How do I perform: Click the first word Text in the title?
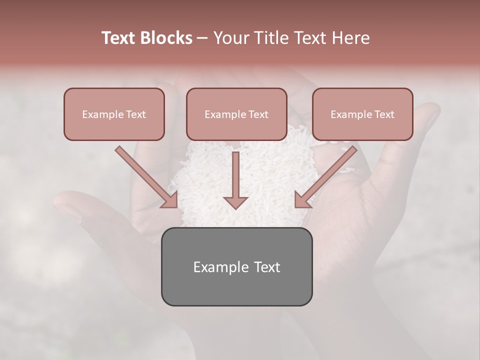[120, 38]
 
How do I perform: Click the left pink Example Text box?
[114, 114]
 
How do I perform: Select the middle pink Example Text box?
[236, 114]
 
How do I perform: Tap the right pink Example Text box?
[362, 114]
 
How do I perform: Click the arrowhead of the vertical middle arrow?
[235, 202]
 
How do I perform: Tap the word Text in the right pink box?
[384, 114]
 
